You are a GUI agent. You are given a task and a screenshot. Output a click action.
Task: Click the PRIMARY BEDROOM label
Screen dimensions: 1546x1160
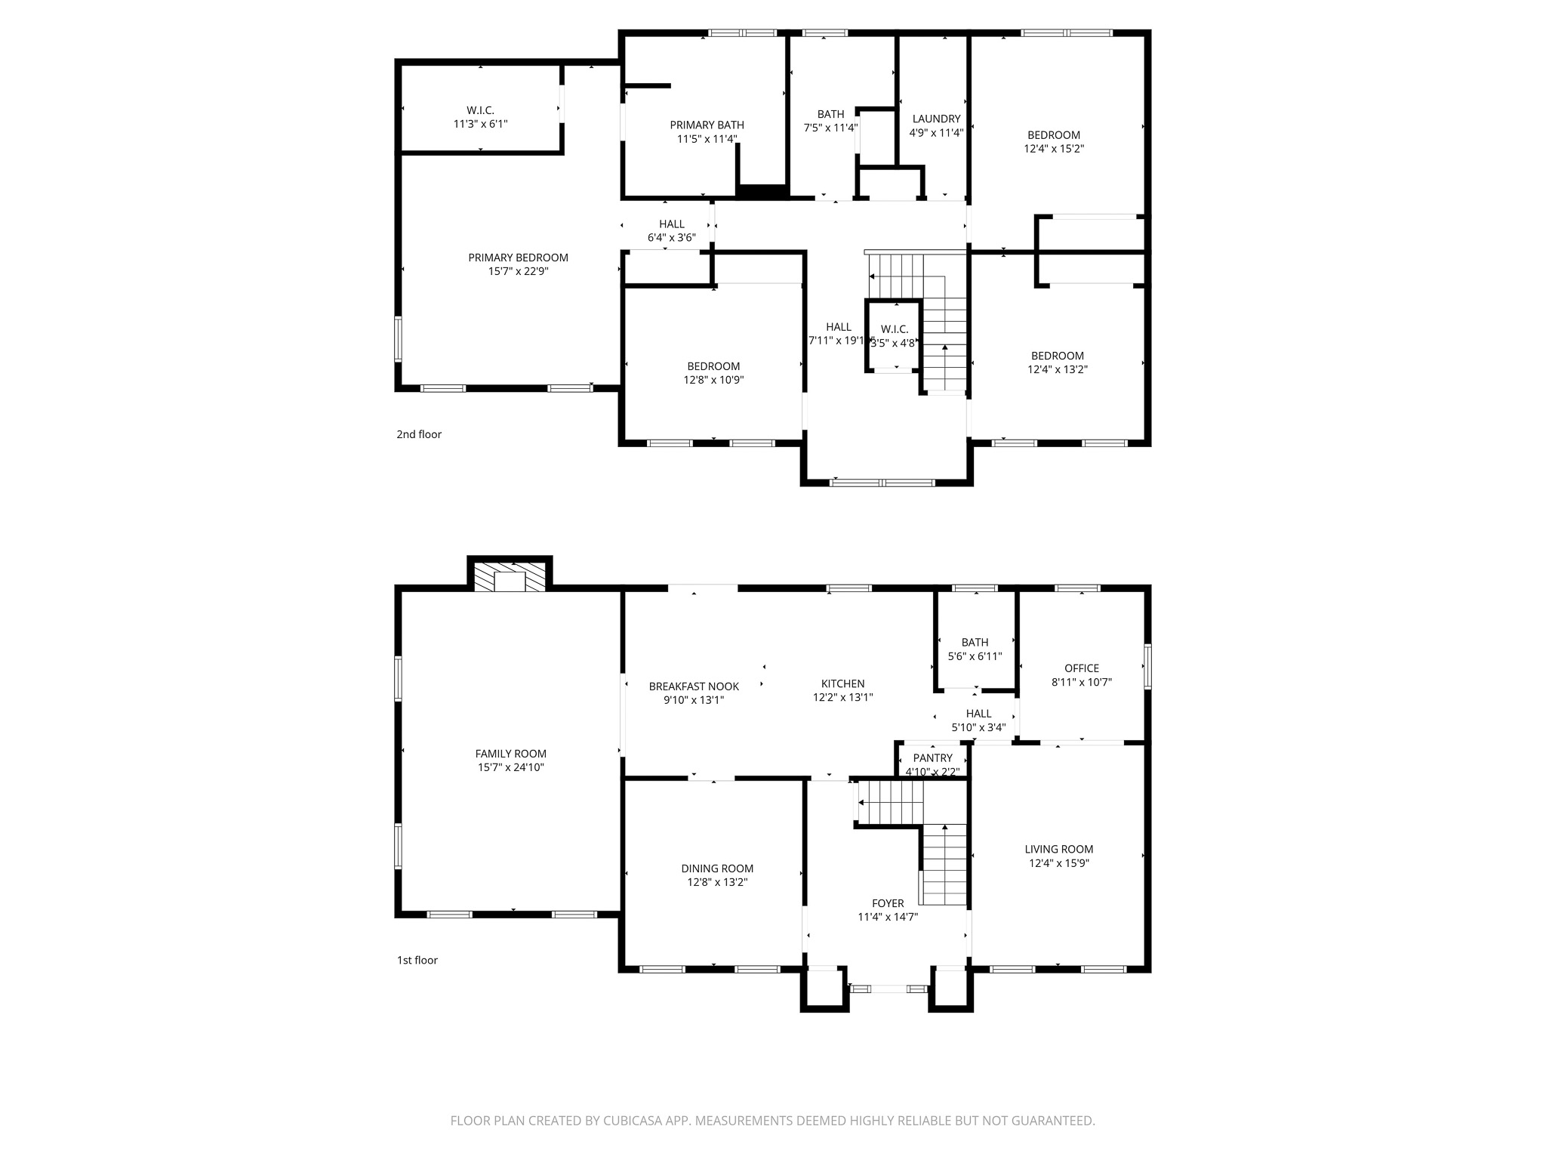518,258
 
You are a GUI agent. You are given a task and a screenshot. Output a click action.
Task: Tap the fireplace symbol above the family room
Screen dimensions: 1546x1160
510,575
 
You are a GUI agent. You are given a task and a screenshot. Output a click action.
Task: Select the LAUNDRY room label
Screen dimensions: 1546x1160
936,119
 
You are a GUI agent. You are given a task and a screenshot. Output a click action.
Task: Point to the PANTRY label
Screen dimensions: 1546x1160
933,757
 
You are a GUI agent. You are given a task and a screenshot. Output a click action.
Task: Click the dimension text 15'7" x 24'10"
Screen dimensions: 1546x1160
511,767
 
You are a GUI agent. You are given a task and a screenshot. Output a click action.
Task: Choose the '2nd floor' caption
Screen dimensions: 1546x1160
419,434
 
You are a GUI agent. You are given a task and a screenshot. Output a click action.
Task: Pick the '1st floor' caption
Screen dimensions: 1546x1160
417,961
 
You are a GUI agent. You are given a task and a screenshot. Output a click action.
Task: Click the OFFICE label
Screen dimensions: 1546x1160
1082,668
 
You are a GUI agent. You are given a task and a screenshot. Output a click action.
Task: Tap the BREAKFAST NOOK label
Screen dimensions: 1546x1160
694,686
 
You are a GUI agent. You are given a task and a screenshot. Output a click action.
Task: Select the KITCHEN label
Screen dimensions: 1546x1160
843,683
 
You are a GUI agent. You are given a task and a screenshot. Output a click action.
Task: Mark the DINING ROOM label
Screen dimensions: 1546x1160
717,868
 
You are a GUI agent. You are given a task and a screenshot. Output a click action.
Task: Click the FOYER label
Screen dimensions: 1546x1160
888,903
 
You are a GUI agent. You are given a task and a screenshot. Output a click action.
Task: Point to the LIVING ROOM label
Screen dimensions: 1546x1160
1059,849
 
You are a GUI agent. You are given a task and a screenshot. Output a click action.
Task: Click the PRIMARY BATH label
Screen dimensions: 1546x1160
707,125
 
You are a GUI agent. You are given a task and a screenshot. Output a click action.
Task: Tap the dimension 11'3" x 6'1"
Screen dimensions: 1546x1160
481,124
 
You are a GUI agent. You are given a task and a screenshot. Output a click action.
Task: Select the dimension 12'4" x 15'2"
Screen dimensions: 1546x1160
1054,149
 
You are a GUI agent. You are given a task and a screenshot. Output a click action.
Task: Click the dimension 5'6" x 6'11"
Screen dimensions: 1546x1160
975,656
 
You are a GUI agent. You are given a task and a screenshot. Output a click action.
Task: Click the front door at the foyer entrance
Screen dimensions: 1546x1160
888,988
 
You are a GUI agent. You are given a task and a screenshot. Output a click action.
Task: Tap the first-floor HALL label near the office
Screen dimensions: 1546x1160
979,714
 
